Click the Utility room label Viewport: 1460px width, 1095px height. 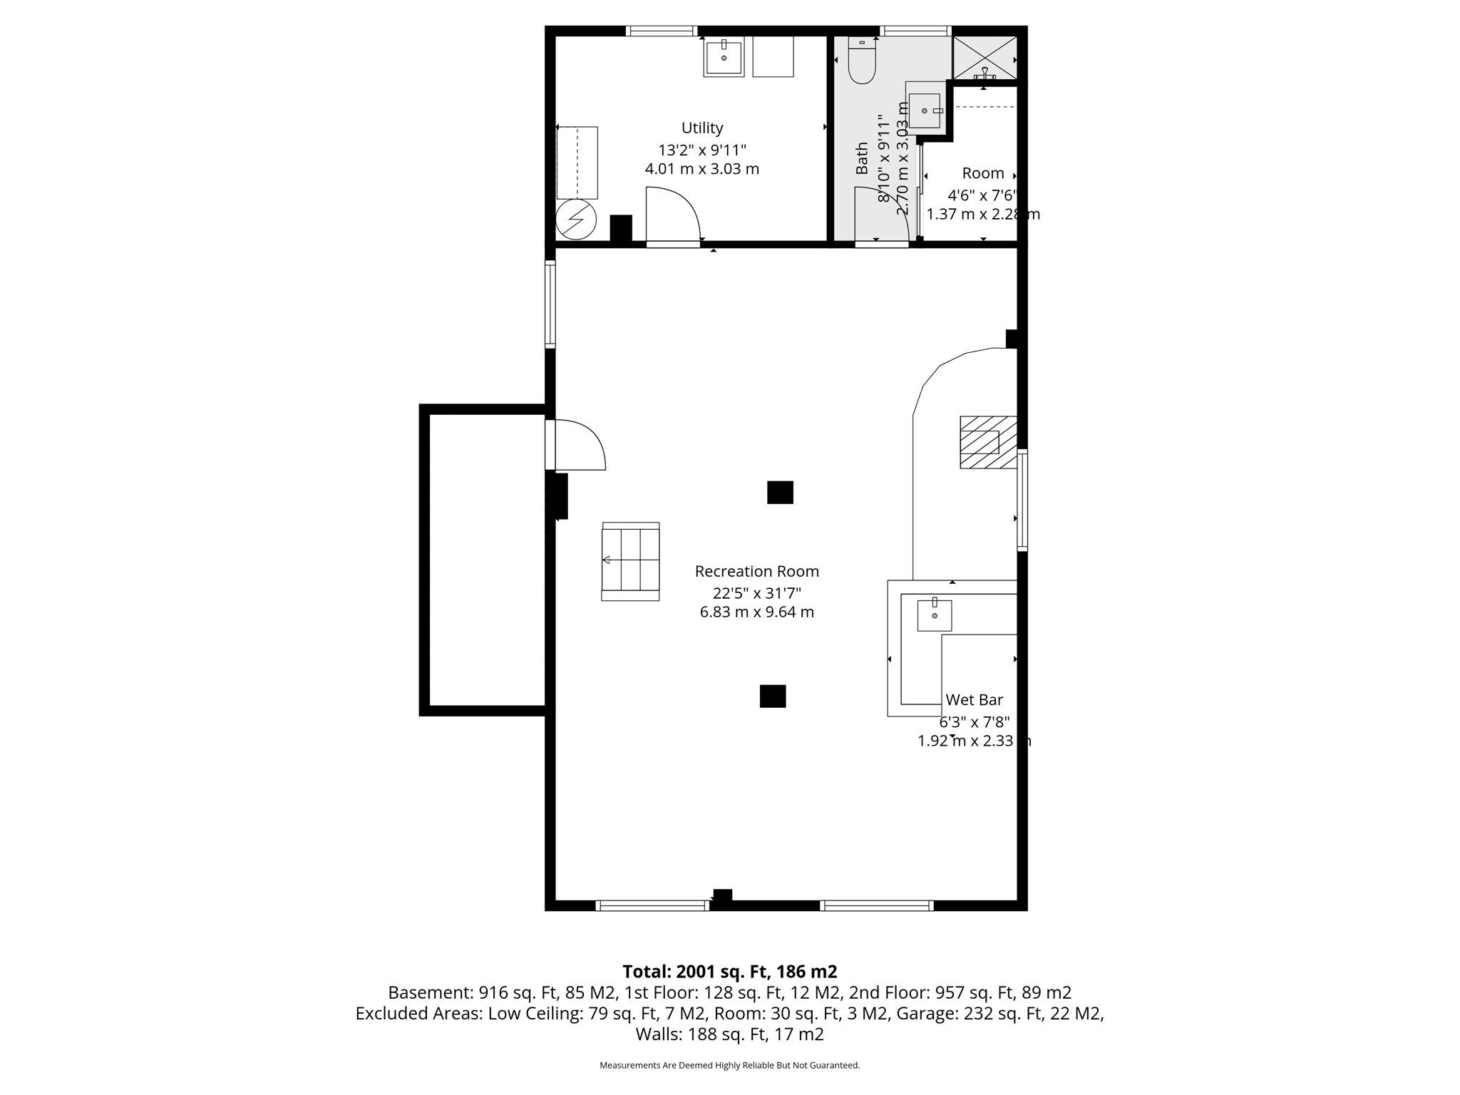click(x=702, y=128)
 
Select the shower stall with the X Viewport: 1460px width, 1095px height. click(x=985, y=57)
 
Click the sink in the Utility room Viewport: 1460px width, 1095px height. click(x=724, y=58)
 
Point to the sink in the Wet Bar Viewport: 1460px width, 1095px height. click(x=934, y=615)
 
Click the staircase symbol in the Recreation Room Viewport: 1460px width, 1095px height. click(x=630, y=561)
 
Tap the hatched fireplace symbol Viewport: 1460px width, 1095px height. click(x=987, y=442)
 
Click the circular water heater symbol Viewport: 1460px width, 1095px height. click(x=576, y=220)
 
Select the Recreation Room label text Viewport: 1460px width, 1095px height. click(x=756, y=572)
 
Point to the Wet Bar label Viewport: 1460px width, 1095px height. click(x=974, y=700)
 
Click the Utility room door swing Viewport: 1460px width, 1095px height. click(x=672, y=214)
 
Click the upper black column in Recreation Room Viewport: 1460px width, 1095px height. click(x=780, y=493)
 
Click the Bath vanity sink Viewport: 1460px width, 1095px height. click(x=924, y=110)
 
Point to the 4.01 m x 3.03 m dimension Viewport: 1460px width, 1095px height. click(x=701, y=170)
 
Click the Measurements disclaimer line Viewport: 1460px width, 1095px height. click(x=729, y=1065)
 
